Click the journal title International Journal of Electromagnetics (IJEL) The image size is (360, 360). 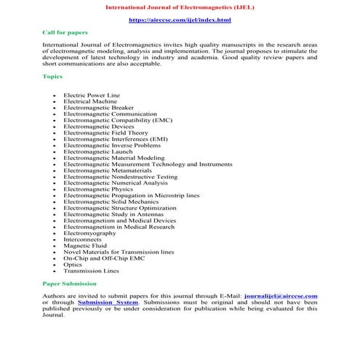coord(180,7)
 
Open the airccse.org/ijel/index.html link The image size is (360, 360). coord(180,20)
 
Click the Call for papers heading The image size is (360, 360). coord(63,33)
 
